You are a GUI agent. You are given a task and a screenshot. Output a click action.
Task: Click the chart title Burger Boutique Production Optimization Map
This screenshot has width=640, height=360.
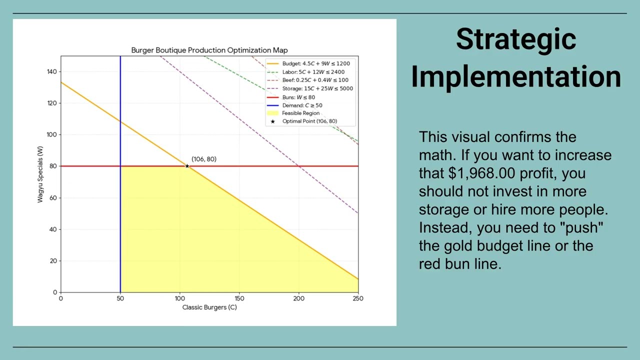pos(209,50)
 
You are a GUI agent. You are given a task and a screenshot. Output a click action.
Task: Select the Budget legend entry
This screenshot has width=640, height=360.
pos(308,63)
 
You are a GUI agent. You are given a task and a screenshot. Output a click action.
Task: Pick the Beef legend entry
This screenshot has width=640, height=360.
pos(308,80)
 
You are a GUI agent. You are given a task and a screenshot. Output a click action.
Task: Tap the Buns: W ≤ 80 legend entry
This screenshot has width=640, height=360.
pos(298,97)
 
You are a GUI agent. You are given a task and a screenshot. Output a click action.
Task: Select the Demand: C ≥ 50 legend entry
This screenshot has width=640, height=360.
pos(302,105)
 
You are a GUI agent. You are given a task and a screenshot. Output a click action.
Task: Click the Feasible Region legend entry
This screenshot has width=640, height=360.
pos(300,113)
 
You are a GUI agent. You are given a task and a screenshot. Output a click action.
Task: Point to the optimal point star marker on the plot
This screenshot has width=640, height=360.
pos(187,166)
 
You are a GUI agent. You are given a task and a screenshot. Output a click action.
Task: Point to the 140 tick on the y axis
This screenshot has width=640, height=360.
pos(52,71)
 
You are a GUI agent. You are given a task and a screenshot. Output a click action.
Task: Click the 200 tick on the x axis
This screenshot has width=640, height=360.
pos(298,298)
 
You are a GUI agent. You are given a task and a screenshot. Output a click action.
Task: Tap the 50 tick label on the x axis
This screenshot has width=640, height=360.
pos(120,298)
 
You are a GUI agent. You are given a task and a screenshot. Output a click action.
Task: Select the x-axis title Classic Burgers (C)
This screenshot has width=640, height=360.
pos(209,307)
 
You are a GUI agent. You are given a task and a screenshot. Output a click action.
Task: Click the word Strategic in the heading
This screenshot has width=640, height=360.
pos(516,39)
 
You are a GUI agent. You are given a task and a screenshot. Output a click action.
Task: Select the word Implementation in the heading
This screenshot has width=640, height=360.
pos(516,76)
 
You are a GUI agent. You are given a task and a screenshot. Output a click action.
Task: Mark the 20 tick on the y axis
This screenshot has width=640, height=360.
pos(53,261)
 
